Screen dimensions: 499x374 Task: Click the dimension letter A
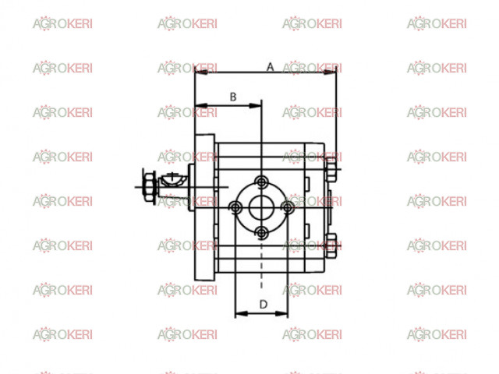point(270,67)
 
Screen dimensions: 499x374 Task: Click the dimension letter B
point(233,97)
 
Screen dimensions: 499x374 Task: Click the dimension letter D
point(264,305)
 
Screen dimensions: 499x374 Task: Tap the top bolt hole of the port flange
point(261,182)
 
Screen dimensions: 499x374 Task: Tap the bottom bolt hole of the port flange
point(261,233)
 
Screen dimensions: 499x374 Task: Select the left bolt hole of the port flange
point(235,208)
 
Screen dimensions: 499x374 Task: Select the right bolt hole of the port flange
point(288,208)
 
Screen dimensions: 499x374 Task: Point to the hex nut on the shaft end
point(149,187)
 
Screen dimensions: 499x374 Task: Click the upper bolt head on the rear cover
point(331,169)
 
